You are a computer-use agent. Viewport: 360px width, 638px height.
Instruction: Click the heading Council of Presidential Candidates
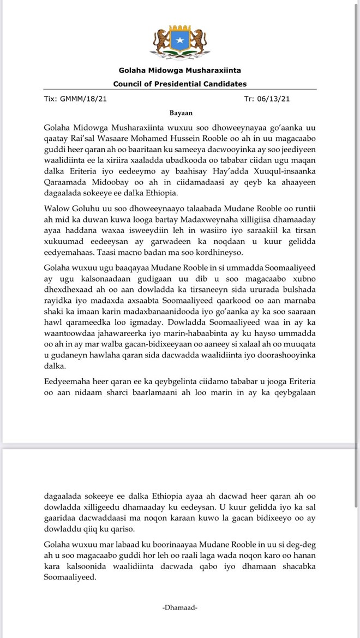click(180, 84)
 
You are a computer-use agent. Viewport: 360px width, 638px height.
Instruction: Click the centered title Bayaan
click(180, 113)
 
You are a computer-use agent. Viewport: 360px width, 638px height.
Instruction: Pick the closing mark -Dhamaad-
click(180, 607)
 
